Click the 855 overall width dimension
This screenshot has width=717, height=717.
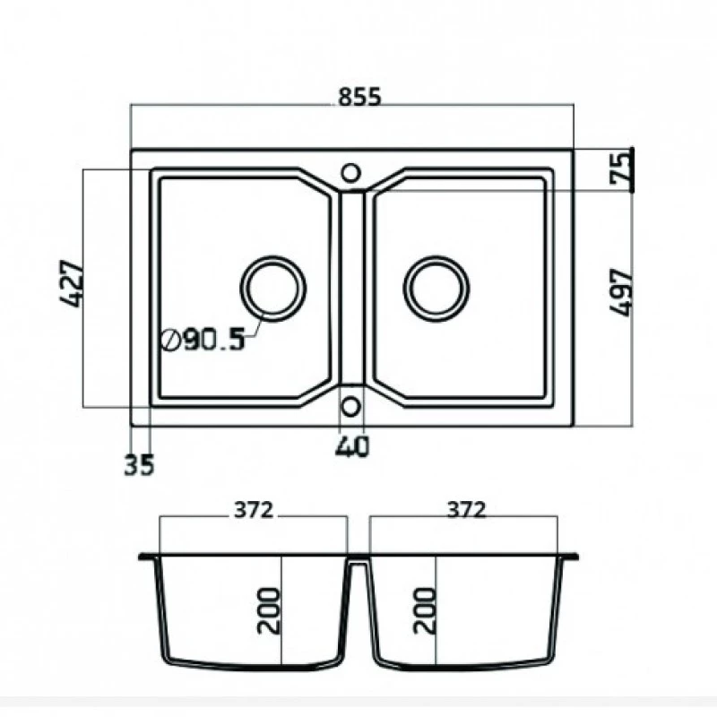359,97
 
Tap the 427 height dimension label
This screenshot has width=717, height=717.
73,284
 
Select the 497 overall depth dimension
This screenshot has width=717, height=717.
621,293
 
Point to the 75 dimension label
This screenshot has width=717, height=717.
619,168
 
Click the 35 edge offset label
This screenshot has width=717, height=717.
140,464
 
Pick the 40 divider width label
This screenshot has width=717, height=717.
352,446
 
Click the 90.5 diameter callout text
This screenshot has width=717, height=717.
214,340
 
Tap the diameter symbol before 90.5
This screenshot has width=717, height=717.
171,340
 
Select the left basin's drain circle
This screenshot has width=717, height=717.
273,256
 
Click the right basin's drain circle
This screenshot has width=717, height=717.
436,256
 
